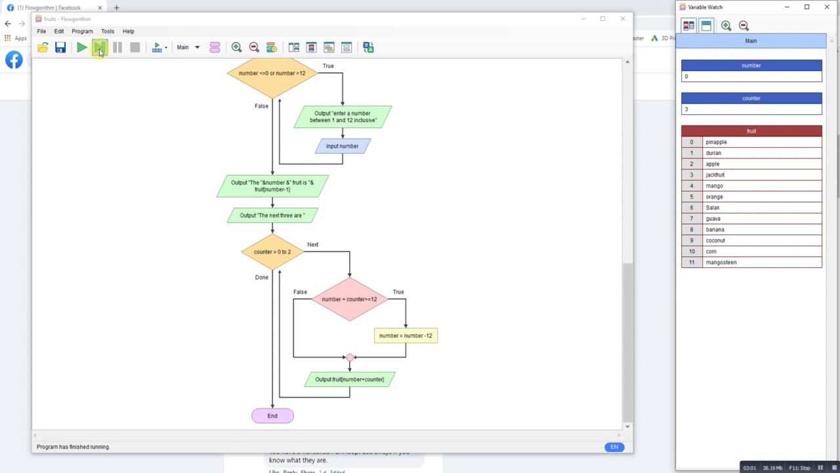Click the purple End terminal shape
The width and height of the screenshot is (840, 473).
pyautogui.click(x=272, y=416)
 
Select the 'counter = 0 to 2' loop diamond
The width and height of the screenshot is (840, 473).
pyautogui.click(x=272, y=252)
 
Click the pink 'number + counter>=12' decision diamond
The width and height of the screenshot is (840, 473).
pyautogui.click(x=349, y=300)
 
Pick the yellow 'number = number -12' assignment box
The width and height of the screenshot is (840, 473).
pyautogui.click(x=406, y=336)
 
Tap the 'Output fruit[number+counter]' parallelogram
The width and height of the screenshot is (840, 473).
pyautogui.click(x=349, y=379)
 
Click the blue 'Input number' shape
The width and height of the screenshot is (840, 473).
pyautogui.click(x=342, y=146)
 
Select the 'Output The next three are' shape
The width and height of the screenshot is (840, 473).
pyautogui.click(x=272, y=215)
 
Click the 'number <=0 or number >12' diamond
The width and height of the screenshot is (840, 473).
pyautogui.click(x=272, y=74)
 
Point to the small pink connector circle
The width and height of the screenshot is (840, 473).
pyautogui.click(x=350, y=357)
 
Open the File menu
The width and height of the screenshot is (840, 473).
pyautogui.click(x=41, y=32)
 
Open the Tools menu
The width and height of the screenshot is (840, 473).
pyautogui.click(x=108, y=32)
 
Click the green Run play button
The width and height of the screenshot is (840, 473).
pyautogui.click(x=81, y=47)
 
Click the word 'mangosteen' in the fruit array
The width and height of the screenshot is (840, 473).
pyautogui.click(x=721, y=263)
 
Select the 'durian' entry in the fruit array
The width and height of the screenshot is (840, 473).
pyautogui.click(x=713, y=153)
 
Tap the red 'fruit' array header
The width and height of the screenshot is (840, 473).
pyautogui.click(x=751, y=131)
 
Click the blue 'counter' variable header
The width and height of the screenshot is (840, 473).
pyautogui.click(x=751, y=98)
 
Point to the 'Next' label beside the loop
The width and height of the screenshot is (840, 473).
pyautogui.click(x=312, y=244)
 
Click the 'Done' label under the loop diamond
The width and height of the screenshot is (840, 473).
pyautogui.click(x=262, y=277)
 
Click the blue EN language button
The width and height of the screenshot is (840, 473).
pyautogui.click(x=614, y=447)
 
